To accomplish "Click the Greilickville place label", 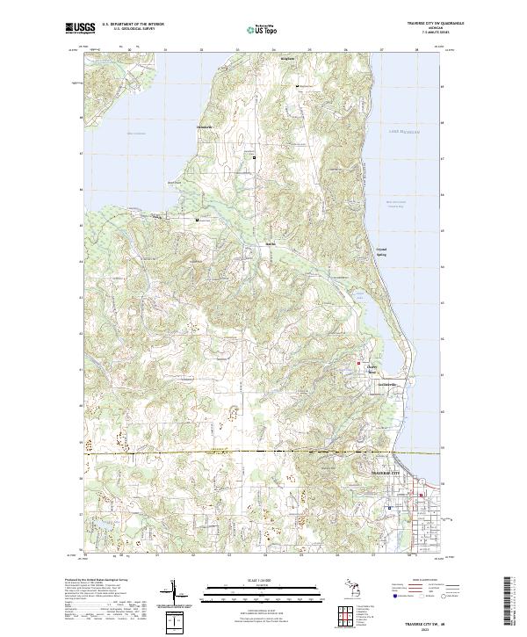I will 379,386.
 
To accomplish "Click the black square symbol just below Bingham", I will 297,86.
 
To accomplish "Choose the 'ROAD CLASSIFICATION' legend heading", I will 430,581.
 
